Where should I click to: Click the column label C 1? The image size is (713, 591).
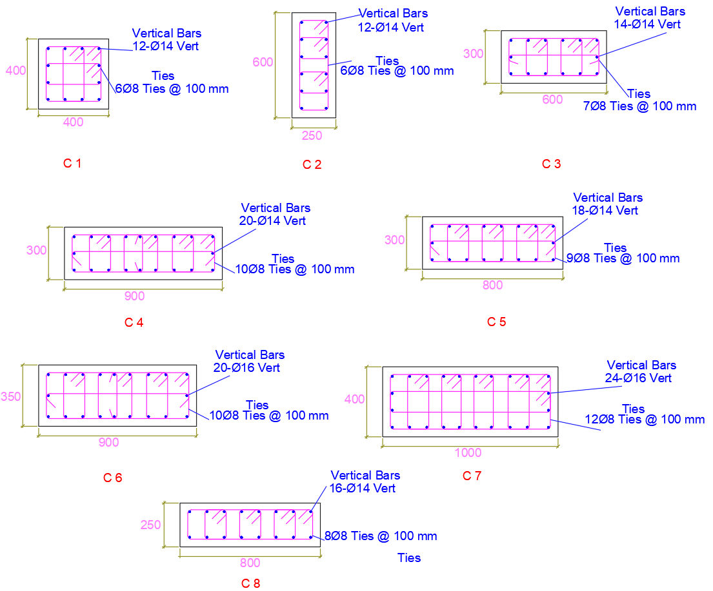point(72,164)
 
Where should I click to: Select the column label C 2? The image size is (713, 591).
point(312,164)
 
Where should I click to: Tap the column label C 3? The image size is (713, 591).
point(551,164)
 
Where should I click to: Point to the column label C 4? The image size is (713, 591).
point(134,322)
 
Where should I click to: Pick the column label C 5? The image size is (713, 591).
point(496,322)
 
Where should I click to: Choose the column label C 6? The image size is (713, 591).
point(112,478)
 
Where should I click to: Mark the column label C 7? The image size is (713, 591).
point(472,476)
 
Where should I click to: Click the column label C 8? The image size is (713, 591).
point(250,583)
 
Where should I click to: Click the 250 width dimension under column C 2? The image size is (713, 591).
point(312,137)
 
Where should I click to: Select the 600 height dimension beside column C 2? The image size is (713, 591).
point(263,63)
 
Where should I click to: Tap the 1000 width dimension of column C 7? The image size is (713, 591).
point(468,452)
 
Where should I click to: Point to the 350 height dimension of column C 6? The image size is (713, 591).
point(11,397)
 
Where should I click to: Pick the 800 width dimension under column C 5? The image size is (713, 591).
point(492,286)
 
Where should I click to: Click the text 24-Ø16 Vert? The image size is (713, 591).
point(638,378)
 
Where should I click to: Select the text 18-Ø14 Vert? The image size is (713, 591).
point(605,210)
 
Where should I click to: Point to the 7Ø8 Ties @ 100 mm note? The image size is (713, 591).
point(639,106)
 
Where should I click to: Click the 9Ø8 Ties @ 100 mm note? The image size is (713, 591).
point(623,258)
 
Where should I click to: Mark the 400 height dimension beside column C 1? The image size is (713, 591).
point(15,71)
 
